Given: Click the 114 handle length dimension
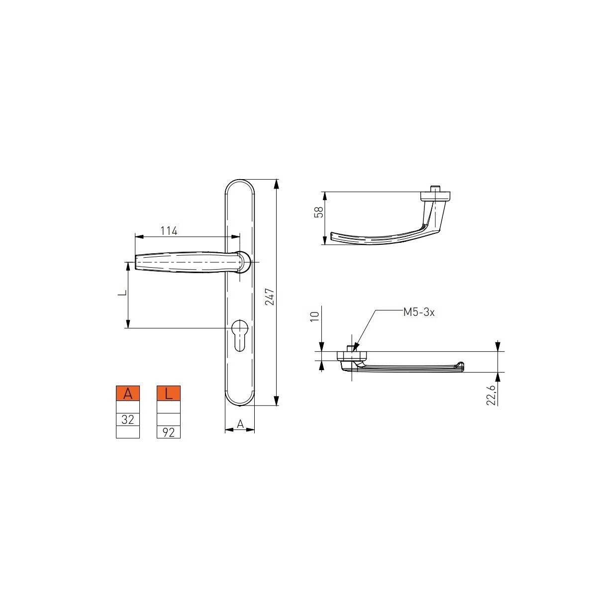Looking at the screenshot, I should (169, 230).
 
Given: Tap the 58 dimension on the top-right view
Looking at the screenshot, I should (320, 212).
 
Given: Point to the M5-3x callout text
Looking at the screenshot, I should (418, 312).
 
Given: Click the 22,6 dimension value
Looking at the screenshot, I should (491, 395).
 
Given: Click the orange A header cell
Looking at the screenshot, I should (128, 394).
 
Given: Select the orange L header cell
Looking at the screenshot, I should (169, 394).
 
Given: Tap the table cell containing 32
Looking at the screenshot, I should (128, 419).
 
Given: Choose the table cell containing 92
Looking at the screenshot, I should (169, 432).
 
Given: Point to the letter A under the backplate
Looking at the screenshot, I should (240, 424).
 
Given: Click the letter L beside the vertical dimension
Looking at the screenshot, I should (121, 294).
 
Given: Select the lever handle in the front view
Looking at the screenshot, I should (184, 262).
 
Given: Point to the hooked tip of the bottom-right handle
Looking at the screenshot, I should (460, 366).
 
